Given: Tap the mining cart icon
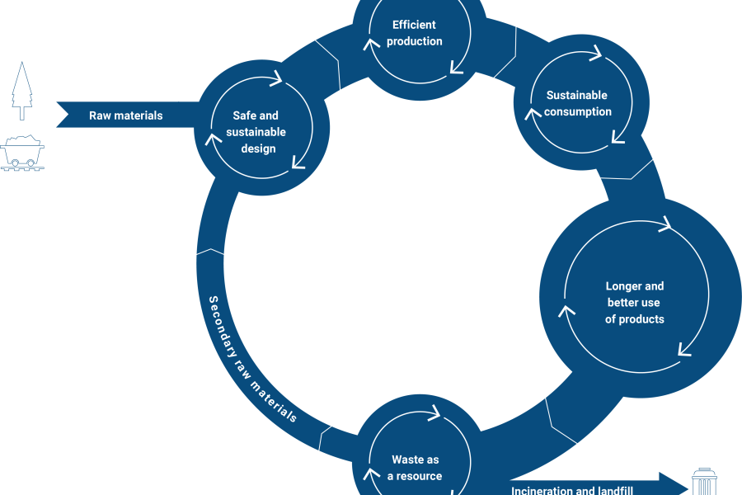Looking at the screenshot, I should pos(23,153).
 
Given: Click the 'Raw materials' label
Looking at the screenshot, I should pos(126,115).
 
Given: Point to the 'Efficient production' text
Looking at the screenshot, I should pos(415,33).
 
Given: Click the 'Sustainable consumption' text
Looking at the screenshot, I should pos(578,103).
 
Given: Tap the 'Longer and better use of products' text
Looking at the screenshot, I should pos(635,302).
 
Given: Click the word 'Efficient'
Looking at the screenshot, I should pos(415,25).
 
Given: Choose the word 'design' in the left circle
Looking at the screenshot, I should pos(258,148).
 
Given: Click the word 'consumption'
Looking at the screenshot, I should pos(578,111).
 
